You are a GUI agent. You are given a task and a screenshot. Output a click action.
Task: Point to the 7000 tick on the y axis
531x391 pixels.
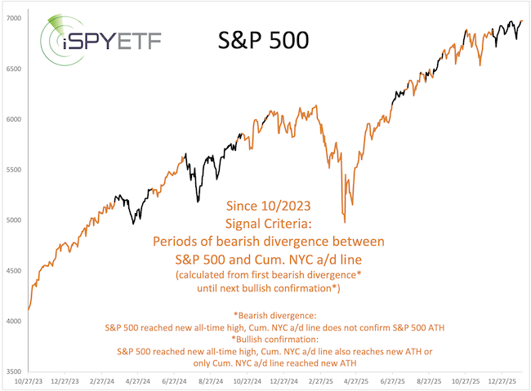point(16,18)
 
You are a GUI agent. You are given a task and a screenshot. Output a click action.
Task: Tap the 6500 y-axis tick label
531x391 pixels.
point(16,69)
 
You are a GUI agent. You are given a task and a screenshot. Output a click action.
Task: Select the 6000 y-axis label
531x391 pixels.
point(16,119)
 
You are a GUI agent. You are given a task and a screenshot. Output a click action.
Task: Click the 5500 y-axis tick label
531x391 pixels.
point(16,170)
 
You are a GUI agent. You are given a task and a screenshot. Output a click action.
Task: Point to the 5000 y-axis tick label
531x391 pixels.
point(16,220)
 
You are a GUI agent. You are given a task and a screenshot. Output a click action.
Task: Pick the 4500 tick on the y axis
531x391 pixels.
point(16,271)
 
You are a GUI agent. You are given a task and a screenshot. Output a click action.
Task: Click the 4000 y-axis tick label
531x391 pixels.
point(16,322)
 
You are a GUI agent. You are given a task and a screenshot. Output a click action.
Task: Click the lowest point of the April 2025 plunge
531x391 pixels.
point(345,222)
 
